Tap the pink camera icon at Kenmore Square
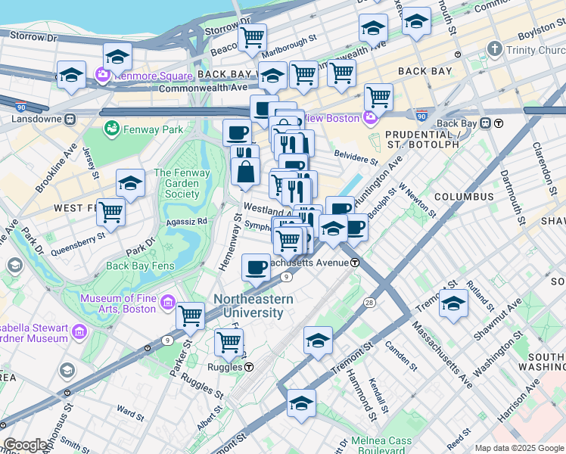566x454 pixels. coord(103,76)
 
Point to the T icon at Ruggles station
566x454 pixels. coord(248,367)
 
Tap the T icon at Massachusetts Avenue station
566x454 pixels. coord(354,263)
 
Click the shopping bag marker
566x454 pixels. coord(245,173)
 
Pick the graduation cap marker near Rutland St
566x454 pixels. coord(453,303)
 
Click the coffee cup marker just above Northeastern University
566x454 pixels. coord(256,266)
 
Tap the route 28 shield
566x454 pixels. coord(369,303)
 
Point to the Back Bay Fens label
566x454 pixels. coord(138,266)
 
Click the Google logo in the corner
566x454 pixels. coord(26,446)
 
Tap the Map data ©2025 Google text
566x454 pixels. coord(519,448)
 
